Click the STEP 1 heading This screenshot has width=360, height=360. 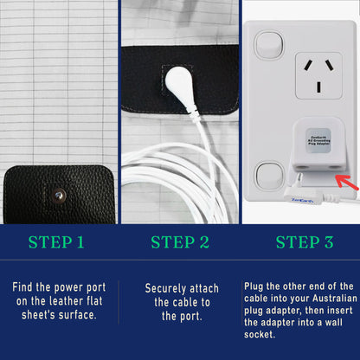[x=57, y=242]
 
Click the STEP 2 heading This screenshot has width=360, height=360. [x=180, y=242]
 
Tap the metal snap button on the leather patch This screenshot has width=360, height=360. [x=59, y=196]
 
